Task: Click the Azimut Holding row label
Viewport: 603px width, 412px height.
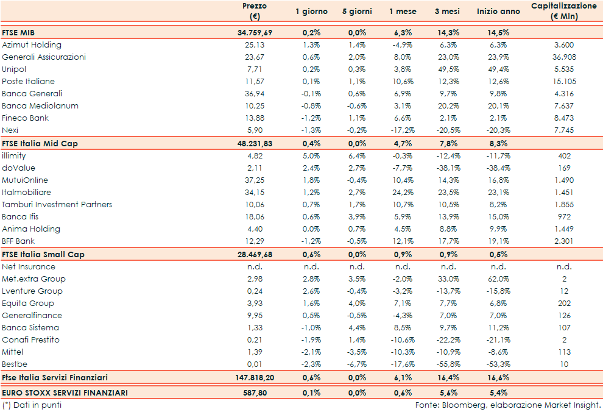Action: click(32, 45)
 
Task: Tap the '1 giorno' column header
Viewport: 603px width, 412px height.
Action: click(311, 12)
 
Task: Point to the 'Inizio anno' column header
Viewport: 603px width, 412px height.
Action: click(499, 12)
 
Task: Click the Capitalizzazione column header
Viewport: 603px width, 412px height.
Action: click(564, 11)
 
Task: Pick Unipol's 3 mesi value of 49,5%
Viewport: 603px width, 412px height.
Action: click(449, 69)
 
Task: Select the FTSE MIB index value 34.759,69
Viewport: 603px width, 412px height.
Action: click(255, 33)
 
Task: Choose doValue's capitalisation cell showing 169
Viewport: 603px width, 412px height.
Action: click(564, 168)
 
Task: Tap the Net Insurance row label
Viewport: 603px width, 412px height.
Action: click(29, 266)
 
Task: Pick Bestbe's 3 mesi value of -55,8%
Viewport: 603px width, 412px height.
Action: click(449, 364)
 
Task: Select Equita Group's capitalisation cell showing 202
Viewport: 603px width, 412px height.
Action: click(564, 304)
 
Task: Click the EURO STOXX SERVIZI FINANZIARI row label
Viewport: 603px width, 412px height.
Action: click(65, 393)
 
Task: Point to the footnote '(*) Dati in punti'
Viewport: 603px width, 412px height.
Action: click(32, 405)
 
